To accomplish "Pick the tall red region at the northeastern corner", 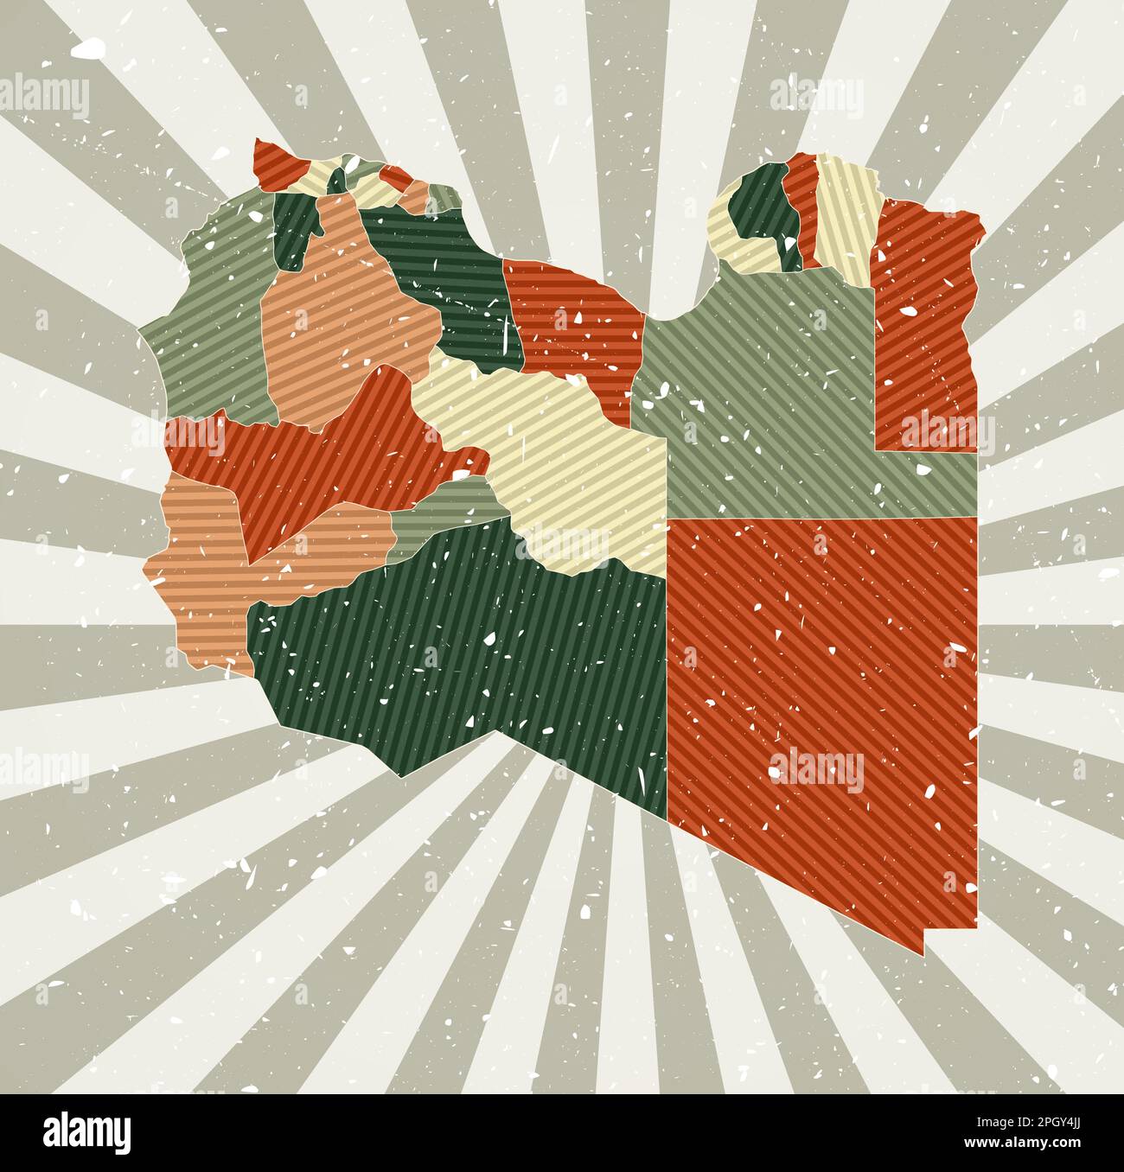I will (925, 320).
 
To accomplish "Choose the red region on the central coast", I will (575, 328).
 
